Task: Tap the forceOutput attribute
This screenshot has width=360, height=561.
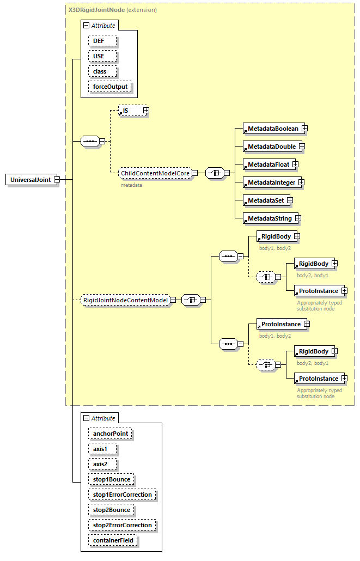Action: (x=110, y=87)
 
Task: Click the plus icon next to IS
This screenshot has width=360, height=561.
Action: (x=146, y=111)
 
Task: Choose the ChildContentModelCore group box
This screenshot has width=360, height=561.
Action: (x=155, y=173)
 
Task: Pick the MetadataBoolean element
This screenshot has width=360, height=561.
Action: (x=272, y=129)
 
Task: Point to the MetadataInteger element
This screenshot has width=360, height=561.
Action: (x=271, y=182)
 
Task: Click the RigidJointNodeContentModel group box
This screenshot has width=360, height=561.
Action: (x=125, y=300)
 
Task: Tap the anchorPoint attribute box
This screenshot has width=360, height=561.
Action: (x=111, y=434)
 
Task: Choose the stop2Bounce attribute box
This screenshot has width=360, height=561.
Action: (x=111, y=510)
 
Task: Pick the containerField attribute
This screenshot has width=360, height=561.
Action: (x=113, y=540)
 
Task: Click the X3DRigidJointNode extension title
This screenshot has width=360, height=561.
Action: (x=112, y=10)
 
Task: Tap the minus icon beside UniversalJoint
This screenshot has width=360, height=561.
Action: (x=56, y=180)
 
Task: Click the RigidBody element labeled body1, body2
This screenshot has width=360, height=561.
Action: (x=276, y=236)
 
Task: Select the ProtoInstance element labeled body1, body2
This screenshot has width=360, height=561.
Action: (x=280, y=324)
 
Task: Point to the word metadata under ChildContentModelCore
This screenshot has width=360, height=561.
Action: (x=131, y=185)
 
